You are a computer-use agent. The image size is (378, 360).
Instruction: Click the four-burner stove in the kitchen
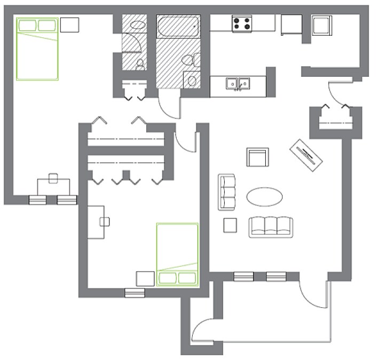pos(242,23)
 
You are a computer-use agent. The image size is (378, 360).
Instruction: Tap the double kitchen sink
pos(238,84)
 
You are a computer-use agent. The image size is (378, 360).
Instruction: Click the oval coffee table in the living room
pos(265,196)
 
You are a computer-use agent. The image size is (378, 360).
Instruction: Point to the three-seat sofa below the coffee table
pos(271,226)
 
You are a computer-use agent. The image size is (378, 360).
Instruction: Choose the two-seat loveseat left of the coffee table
pos(226,191)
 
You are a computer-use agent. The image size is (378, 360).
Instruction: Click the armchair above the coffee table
pos(257,158)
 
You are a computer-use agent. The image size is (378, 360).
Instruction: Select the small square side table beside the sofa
pos(230,225)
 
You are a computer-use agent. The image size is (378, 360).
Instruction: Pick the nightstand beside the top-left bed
pos(69,25)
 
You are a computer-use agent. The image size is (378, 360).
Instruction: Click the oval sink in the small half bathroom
pos(138,25)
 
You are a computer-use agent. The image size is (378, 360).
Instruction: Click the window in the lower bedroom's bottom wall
pos(135,292)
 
